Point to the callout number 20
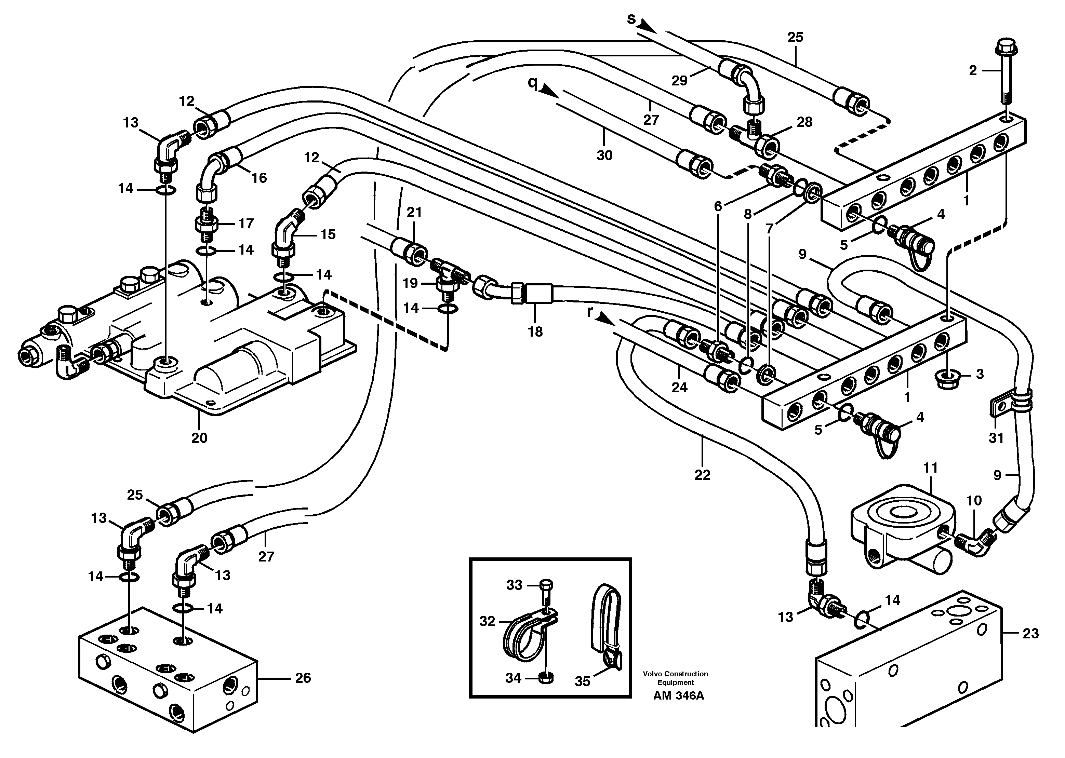[x=199, y=438]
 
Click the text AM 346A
[x=678, y=708]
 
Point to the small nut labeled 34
[x=545, y=678]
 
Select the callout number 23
[x=1030, y=633]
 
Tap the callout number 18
[x=535, y=331]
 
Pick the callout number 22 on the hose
[x=702, y=475]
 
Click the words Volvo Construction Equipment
[x=675, y=678]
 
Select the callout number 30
[x=604, y=155]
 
